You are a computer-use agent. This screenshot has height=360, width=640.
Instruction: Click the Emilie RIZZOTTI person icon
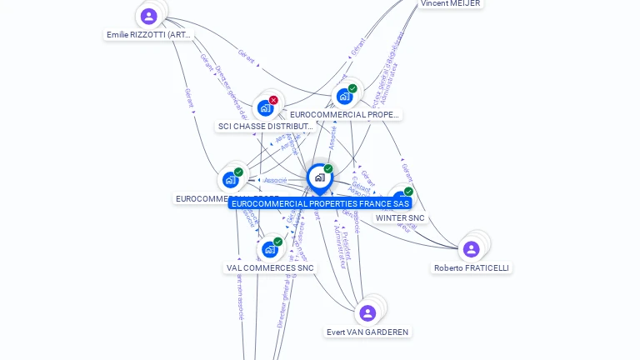[149, 17]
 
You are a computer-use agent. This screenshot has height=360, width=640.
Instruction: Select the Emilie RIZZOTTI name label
[149, 35]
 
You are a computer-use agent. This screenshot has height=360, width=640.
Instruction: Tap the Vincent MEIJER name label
[450, 3]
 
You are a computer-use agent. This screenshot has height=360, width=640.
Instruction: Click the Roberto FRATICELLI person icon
[471, 249]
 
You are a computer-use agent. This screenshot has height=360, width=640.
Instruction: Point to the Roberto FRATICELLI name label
[472, 268]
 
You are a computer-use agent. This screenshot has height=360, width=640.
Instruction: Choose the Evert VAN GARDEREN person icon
[367, 313]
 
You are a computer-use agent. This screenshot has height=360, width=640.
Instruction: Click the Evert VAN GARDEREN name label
[367, 332]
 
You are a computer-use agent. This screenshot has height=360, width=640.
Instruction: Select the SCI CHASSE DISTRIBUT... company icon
[265, 108]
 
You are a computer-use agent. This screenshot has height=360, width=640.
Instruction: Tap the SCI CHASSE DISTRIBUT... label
[265, 127]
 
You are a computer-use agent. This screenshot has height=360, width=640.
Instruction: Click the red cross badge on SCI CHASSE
[273, 100]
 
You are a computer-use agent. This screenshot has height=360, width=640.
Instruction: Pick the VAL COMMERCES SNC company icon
[269, 249]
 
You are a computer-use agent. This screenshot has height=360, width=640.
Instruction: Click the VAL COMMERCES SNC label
[270, 268]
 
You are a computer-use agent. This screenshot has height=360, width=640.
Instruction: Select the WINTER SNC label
[400, 218]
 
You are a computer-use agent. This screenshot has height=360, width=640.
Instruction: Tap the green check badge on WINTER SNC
[408, 192]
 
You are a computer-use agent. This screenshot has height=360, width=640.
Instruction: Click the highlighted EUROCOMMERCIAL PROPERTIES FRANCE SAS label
[320, 203]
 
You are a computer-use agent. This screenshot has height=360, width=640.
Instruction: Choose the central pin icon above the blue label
[319, 177]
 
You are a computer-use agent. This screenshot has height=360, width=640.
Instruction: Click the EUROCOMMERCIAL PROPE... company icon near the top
[344, 97]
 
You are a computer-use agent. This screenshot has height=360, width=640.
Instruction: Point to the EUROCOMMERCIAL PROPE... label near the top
[344, 115]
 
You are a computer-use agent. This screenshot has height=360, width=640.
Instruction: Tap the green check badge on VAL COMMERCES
[277, 242]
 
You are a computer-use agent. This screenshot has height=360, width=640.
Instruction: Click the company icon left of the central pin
[230, 180]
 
